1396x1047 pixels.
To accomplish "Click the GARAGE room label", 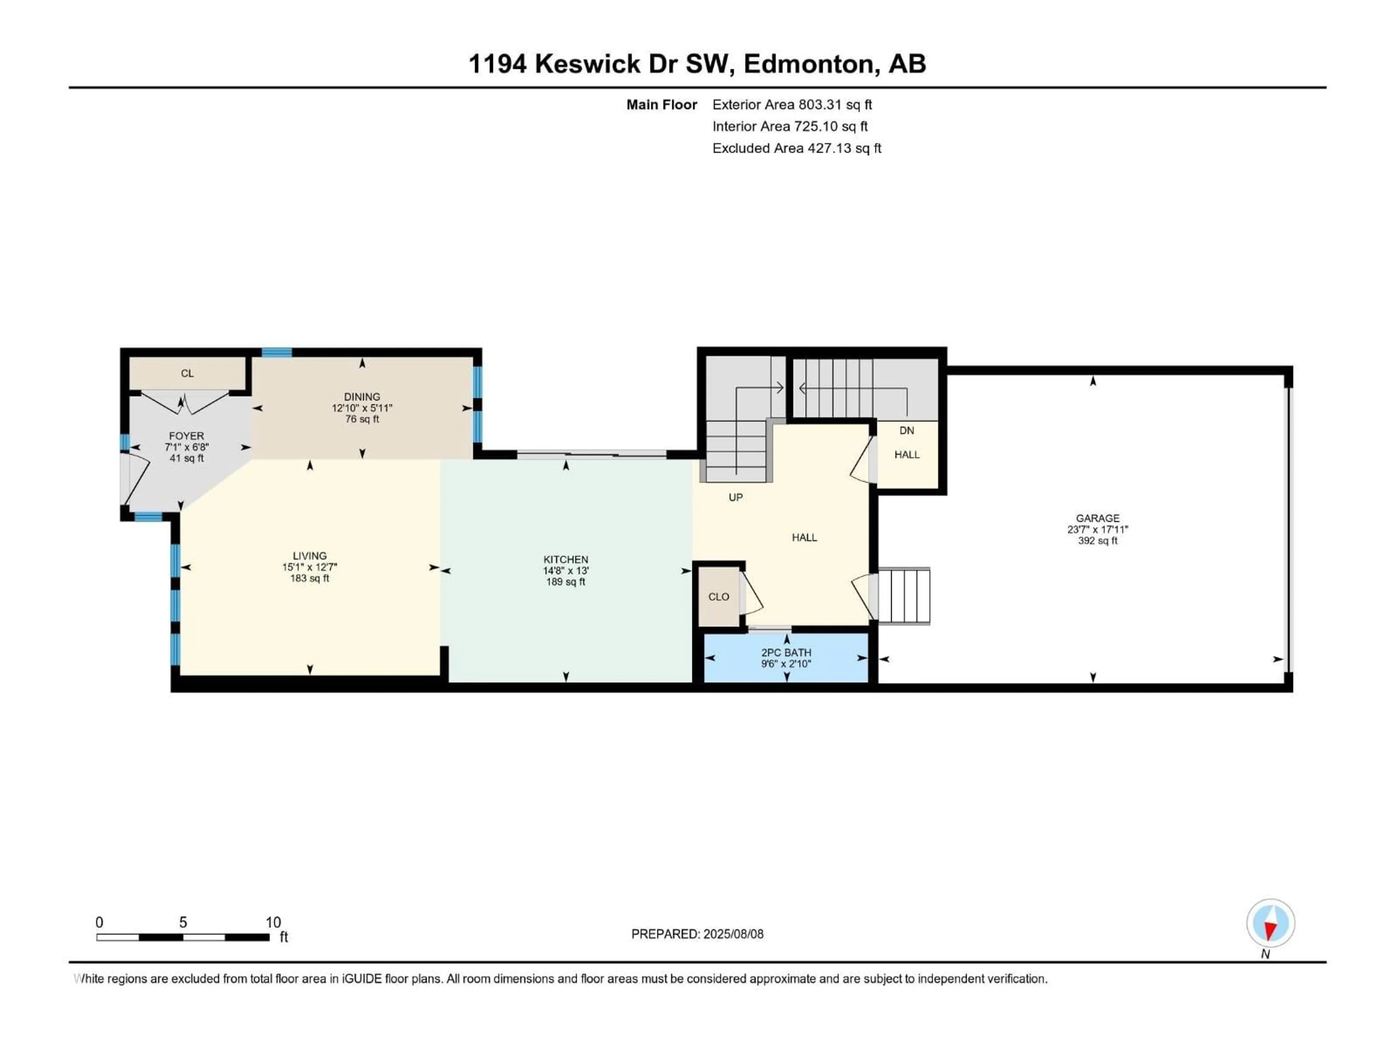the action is (x=1098, y=518).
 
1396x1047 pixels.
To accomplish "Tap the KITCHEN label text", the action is (x=565, y=559).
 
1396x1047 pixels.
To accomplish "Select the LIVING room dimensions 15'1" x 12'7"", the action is (x=309, y=567).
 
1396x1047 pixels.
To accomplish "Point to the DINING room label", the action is (x=362, y=396).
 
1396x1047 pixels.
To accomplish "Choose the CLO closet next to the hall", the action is (x=719, y=597).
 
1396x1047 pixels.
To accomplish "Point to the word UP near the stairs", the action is (x=735, y=497).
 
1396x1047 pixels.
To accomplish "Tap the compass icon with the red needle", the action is (x=1271, y=923).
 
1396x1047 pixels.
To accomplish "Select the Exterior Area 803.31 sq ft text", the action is (x=792, y=105).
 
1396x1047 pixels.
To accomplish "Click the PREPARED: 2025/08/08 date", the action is (x=697, y=934).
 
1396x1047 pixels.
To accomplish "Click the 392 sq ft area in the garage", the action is (x=1098, y=541).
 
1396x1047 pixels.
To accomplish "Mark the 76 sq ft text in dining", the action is (x=362, y=419).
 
